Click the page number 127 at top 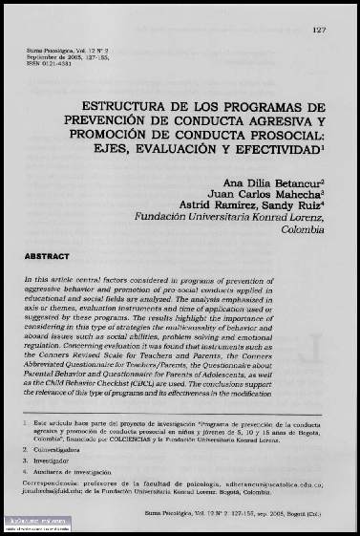coord(319,30)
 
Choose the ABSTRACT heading coord(47,256)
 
